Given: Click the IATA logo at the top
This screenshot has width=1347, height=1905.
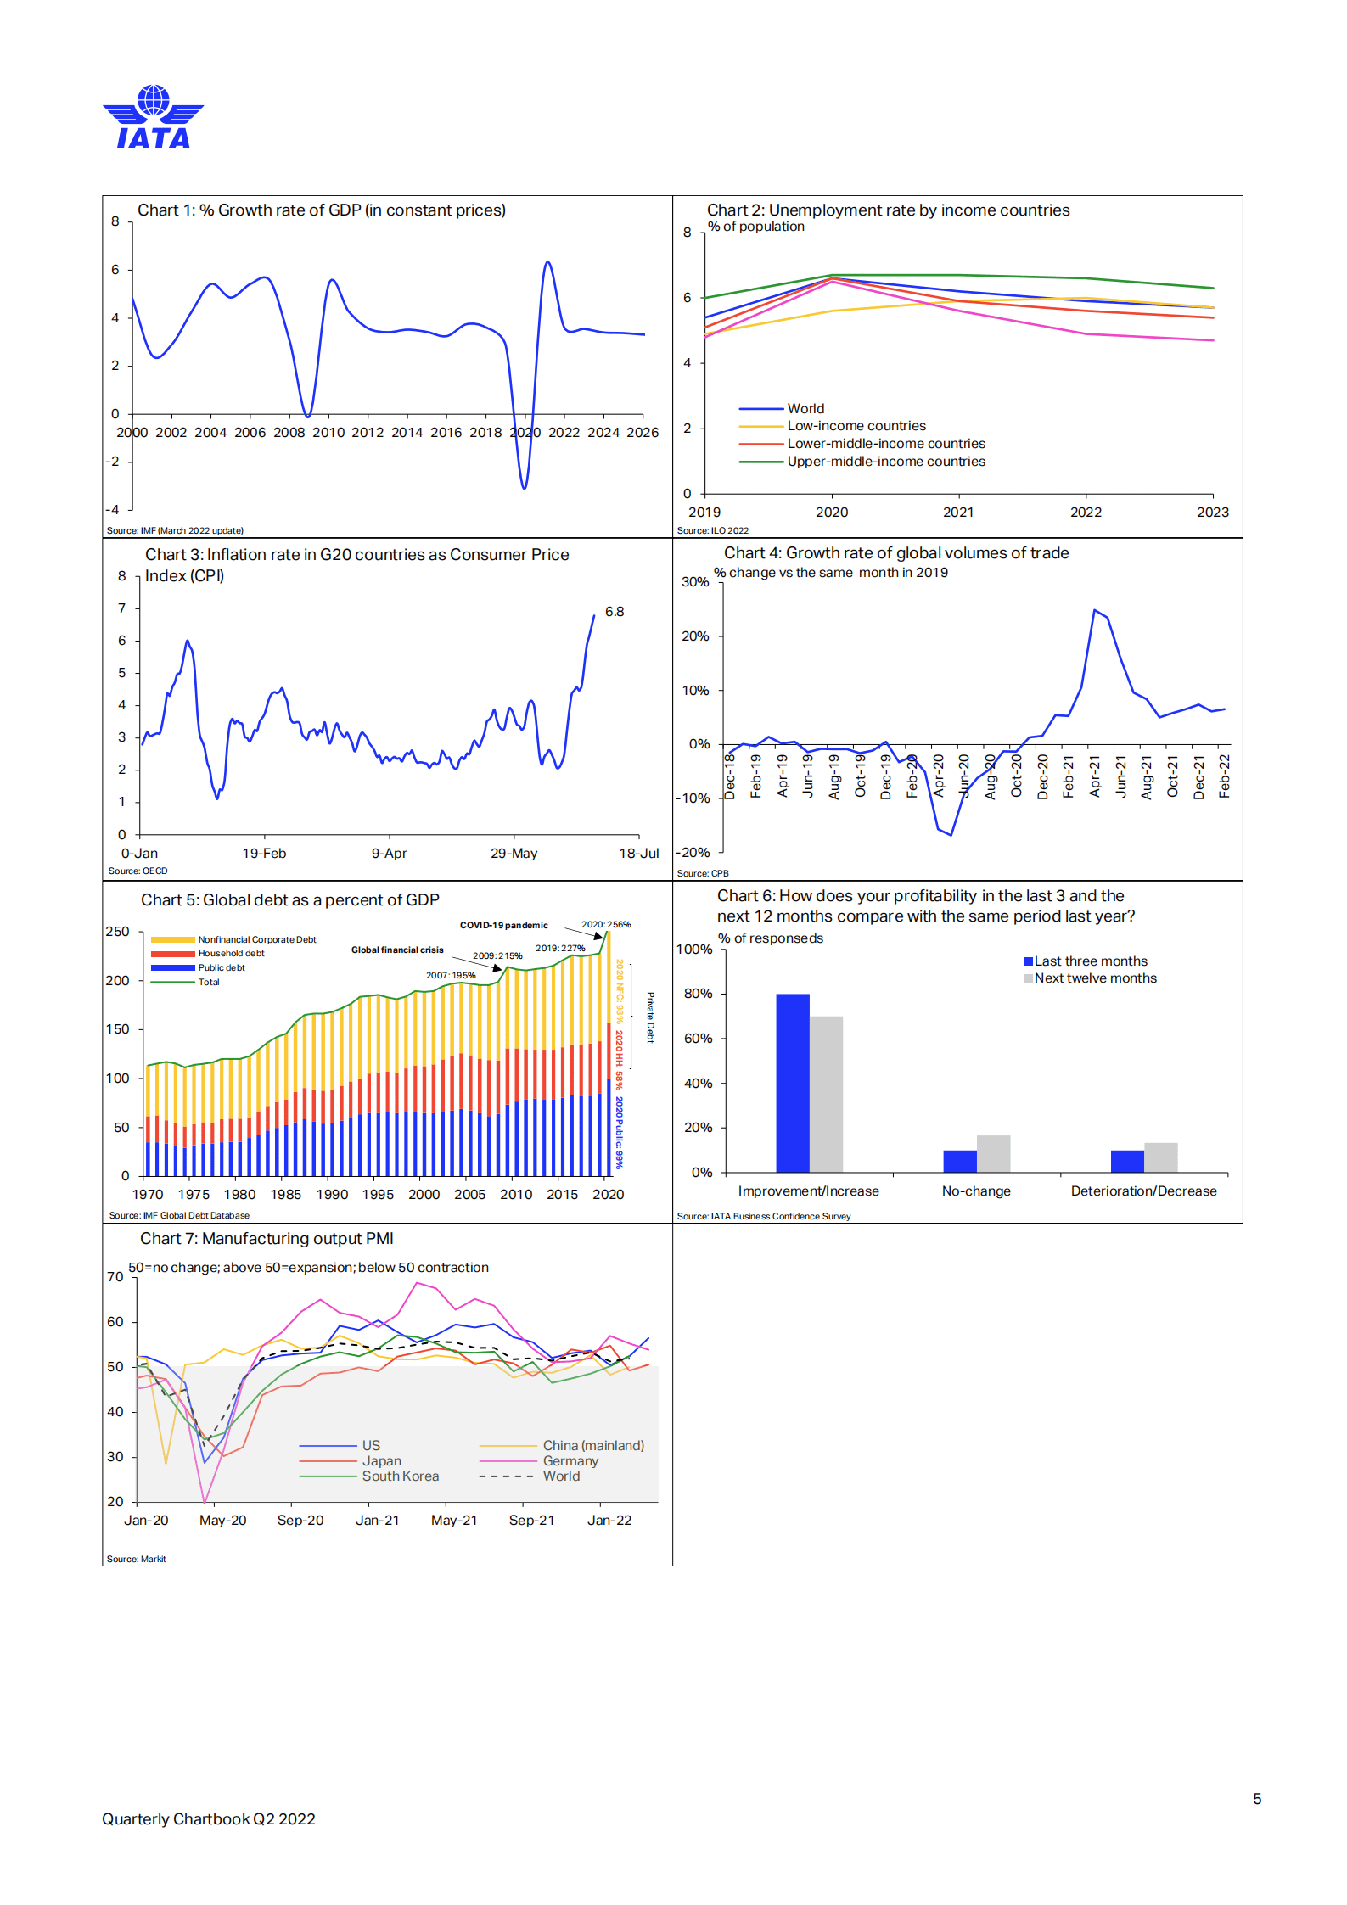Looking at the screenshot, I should pos(153,117).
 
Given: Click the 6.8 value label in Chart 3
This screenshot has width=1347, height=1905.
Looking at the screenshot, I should pos(615,612).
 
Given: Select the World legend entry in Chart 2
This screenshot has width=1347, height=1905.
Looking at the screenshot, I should pos(805,409).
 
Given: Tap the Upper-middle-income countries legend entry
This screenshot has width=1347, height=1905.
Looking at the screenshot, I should pos(885,462).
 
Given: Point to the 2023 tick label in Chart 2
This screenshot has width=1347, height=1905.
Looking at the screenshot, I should pos(1212,513).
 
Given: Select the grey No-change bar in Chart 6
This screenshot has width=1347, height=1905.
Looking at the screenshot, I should pos(993,1153).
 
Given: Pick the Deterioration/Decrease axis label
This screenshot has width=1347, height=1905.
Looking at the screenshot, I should pos(1143,1191).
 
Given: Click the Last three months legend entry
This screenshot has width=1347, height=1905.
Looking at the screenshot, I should pos(1090,961).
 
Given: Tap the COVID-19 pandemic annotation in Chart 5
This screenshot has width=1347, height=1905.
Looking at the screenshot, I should pos(503,926).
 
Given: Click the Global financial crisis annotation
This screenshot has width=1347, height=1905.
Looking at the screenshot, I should pos(397,950).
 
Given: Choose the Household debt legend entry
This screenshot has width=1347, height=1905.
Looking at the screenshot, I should pos(231,954).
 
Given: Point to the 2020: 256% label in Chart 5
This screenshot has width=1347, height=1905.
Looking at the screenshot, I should pos(606,925).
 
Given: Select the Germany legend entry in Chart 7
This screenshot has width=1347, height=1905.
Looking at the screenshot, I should pos(570,1461).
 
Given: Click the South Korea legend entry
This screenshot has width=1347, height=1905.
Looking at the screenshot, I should pos(400,1476).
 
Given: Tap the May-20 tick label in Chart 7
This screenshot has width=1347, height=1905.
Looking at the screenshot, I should pos(222,1521).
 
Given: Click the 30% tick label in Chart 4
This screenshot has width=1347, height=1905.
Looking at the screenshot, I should pos(695,582).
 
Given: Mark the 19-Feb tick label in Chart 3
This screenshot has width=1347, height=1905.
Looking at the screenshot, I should pos(264,854).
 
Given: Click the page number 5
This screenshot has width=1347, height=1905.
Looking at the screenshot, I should pos(1257,1799).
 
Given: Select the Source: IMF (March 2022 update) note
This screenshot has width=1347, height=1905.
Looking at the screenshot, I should pos(175,531).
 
